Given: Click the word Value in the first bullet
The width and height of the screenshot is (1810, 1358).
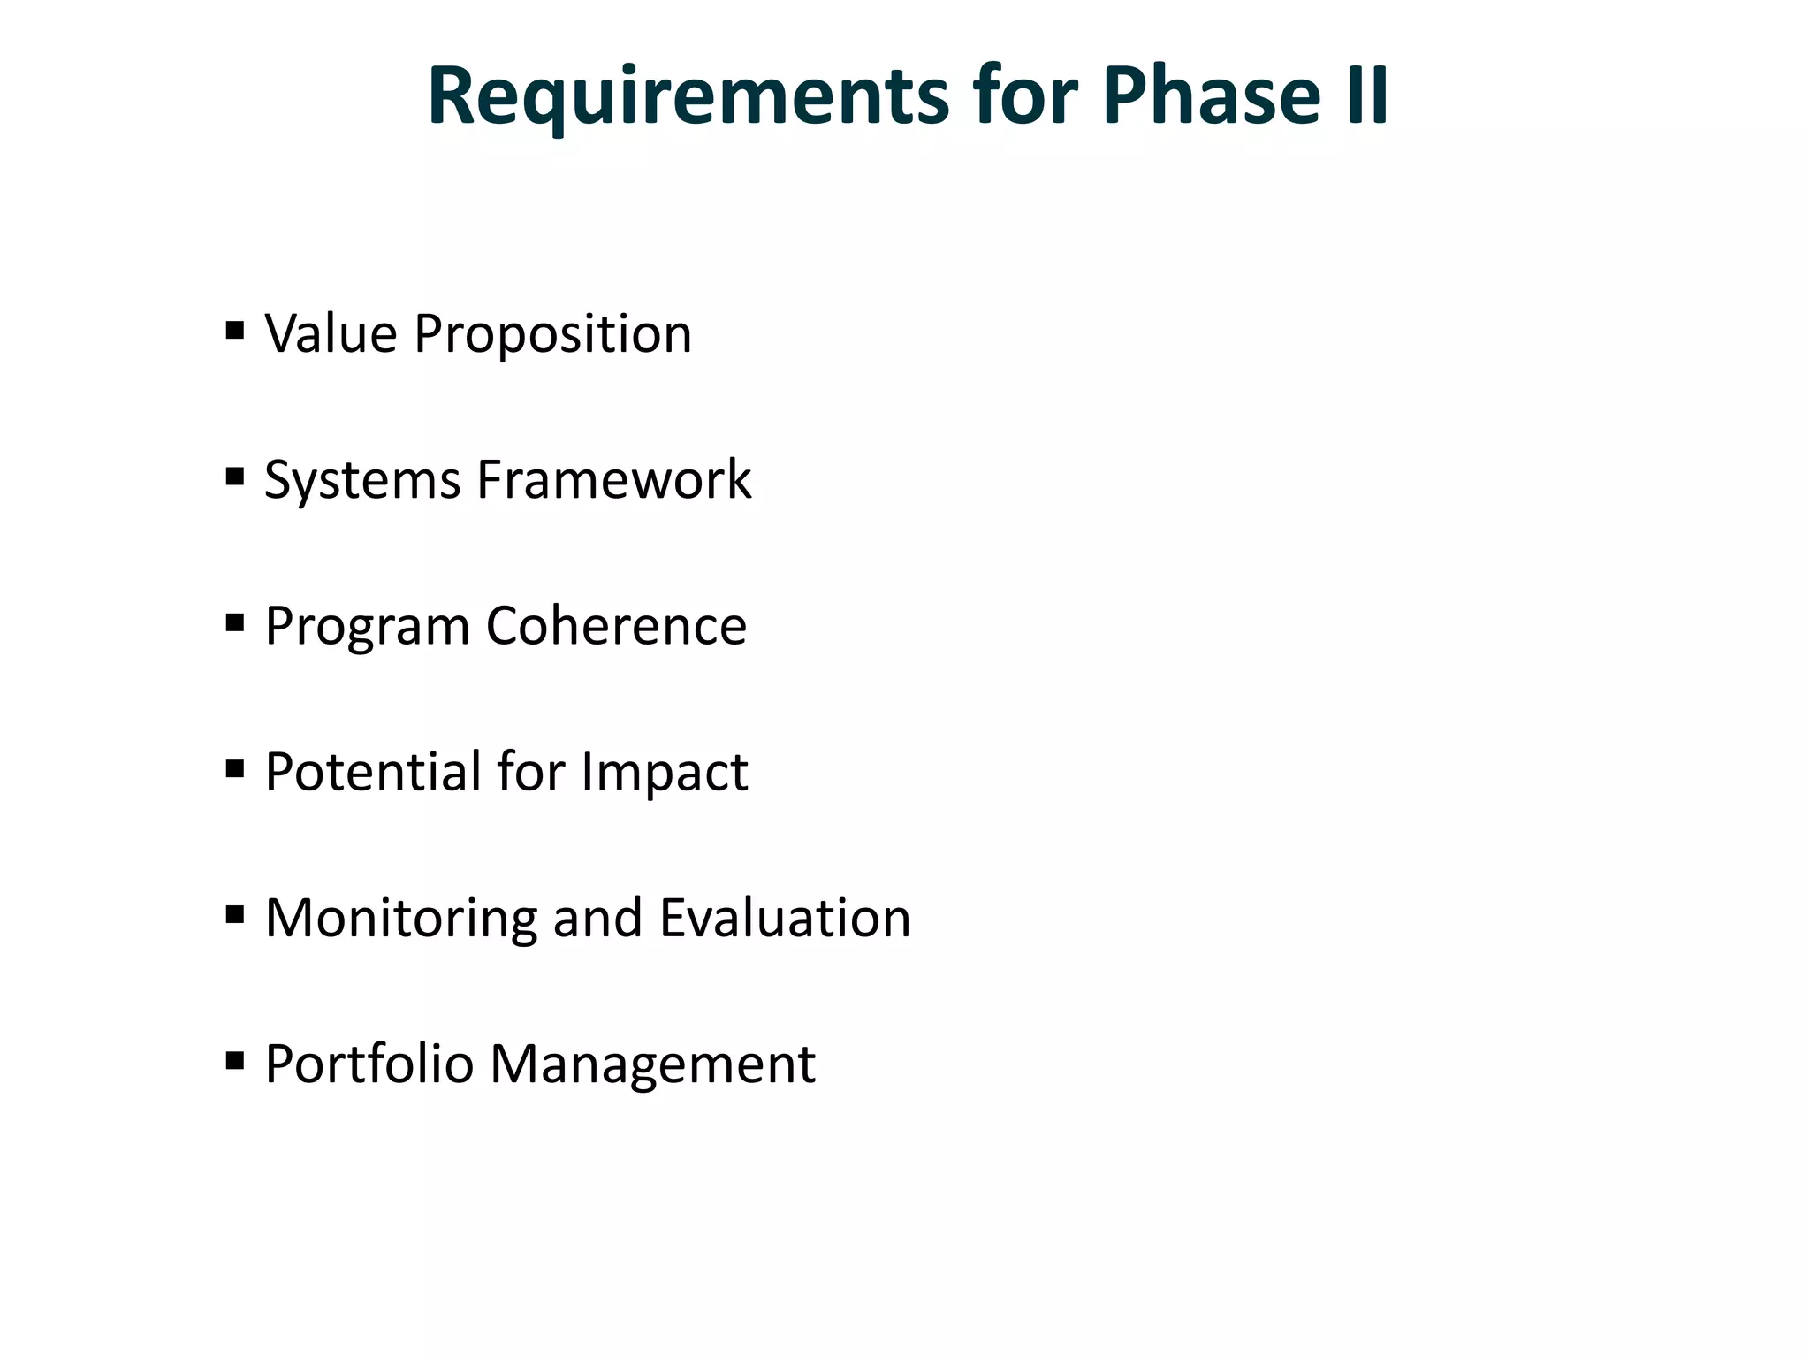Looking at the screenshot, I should click(331, 334).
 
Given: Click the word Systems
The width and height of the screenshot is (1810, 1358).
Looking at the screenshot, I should click(362, 481).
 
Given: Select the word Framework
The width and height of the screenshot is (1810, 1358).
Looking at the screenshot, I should click(614, 480).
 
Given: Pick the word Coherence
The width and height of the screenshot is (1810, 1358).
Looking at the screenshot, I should click(616, 626).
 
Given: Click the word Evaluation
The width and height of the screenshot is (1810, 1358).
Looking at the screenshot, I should click(785, 918).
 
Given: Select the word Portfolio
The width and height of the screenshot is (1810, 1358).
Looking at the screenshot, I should click(369, 1064).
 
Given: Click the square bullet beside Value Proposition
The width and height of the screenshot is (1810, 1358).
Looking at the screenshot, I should click(234, 332).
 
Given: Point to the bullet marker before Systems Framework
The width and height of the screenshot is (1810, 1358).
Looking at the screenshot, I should click(234, 477).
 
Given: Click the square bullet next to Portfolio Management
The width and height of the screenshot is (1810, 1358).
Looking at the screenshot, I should click(234, 1060).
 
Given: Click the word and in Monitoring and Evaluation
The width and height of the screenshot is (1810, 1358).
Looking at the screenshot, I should click(597, 918).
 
